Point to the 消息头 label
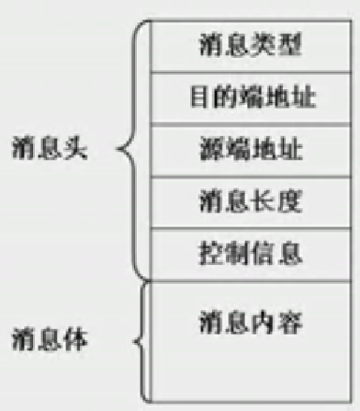click(x=51, y=149)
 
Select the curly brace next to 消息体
click(x=138, y=342)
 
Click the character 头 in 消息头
click(x=76, y=149)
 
